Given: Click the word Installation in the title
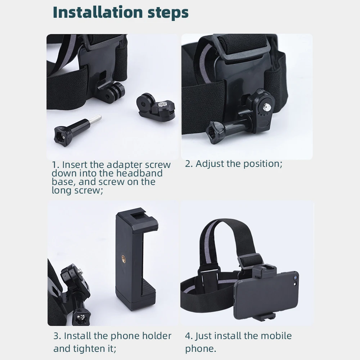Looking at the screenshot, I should (98, 12).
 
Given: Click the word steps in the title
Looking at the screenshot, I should (167, 13).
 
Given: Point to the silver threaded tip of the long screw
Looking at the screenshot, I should (94, 119).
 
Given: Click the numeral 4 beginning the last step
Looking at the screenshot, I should (188, 336).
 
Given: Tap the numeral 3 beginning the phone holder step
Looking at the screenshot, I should (56, 336).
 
